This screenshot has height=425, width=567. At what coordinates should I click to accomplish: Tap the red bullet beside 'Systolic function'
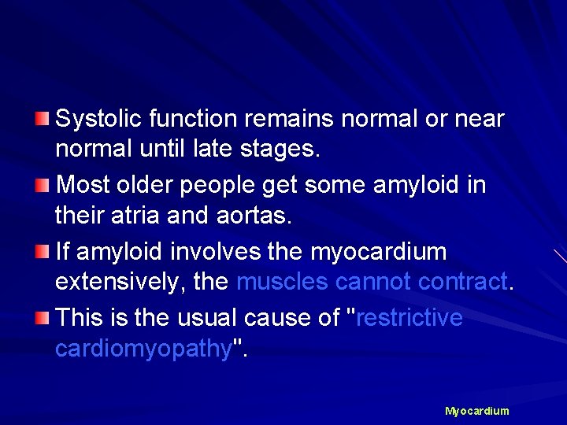[x=42, y=119]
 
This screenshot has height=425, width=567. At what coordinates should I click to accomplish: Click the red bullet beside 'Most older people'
[x=42, y=185]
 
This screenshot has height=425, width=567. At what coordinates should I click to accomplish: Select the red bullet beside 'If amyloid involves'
[x=42, y=252]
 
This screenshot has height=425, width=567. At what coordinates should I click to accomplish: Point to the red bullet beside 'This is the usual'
[x=42, y=318]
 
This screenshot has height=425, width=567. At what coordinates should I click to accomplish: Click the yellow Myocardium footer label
[x=476, y=411]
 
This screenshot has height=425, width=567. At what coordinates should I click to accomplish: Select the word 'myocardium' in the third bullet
[x=378, y=253]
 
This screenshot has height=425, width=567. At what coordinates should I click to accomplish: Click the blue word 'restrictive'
[x=409, y=318]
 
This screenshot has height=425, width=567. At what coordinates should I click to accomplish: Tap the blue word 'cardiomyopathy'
[x=141, y=349]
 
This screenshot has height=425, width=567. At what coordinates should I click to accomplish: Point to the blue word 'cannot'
[x=373, y=282]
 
